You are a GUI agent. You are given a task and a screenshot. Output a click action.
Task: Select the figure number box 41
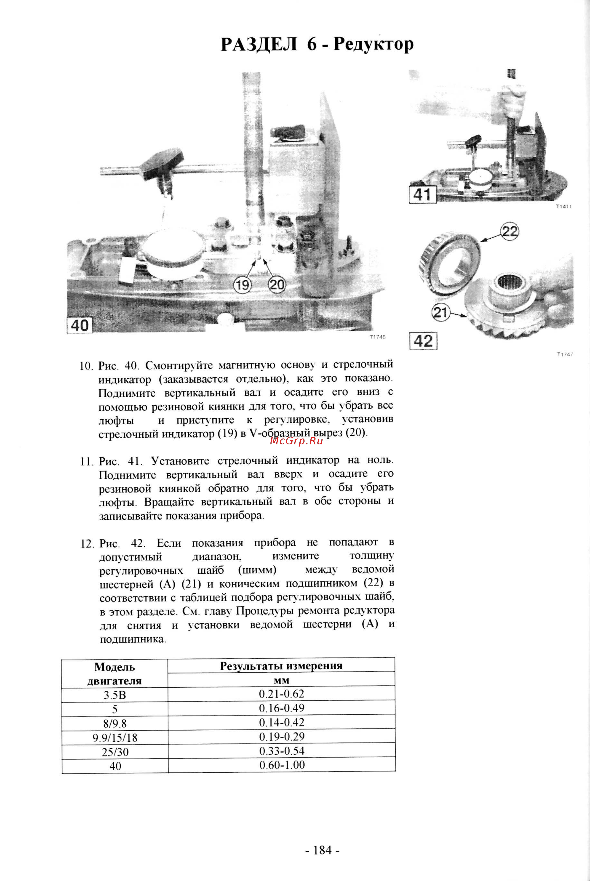point(422,195)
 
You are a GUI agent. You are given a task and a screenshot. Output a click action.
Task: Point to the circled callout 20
point(277,285)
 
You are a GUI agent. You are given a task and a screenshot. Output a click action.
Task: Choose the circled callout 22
point(510,231)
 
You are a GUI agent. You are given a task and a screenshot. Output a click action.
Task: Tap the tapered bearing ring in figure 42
point(450,264)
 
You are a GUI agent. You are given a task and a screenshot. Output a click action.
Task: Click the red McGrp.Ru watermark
point(296,441)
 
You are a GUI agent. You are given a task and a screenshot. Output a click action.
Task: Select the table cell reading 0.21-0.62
point(281,694)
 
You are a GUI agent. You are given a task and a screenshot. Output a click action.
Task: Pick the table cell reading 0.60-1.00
point(282,765)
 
